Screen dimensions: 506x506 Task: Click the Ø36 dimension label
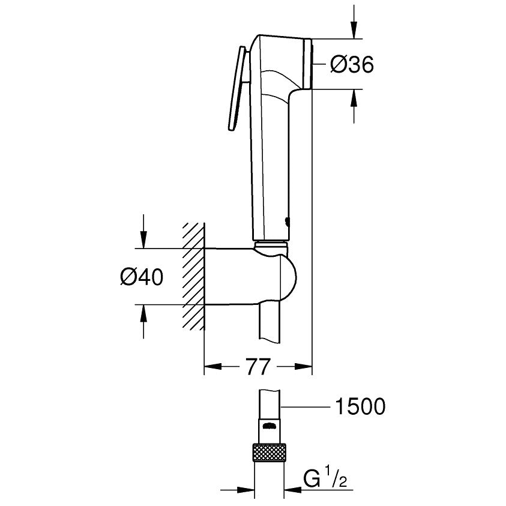[x=352, y=64]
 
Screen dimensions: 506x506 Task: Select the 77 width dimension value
[x=258, y=366]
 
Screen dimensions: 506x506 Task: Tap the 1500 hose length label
[x=358, y=407]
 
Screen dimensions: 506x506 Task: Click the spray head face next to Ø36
[x=309, y=64]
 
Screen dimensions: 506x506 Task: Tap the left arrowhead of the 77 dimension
[x=214, y=366]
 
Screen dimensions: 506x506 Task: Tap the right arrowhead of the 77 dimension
[x=303, y=366]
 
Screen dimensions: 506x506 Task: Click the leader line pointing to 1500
[x=306, y=407]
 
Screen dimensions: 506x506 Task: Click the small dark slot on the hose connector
[x=270, y=427]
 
